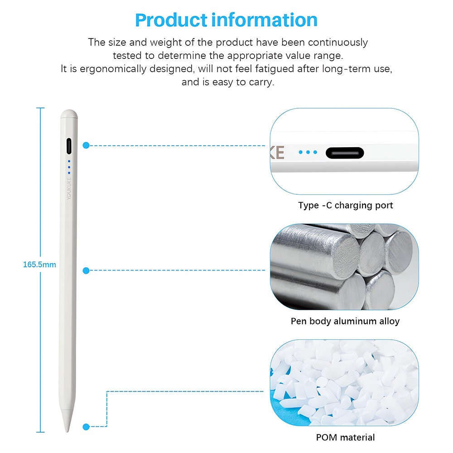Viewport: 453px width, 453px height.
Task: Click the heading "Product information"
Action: (226, 20)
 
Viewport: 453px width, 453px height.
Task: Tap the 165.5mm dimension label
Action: (39, 264)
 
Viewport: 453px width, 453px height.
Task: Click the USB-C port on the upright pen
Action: (69, 146)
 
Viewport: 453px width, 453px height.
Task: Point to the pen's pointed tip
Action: (68, 426)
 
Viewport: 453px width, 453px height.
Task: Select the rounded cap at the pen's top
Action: (69, 114)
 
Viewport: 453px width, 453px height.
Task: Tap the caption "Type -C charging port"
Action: (345, 205)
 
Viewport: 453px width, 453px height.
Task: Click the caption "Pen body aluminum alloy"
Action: (345, 321)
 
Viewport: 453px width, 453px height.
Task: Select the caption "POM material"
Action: (345, 437)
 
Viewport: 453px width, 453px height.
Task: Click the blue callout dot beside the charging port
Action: (86, 145)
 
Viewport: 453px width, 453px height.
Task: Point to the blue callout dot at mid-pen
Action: (86, 270)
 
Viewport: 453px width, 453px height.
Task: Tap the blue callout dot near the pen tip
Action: (86, 426)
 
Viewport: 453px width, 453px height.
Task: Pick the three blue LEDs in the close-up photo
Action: (308, 152)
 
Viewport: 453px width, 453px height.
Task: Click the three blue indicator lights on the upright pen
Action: (69, 167)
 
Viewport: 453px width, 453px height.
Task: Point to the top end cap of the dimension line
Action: (40, 108)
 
